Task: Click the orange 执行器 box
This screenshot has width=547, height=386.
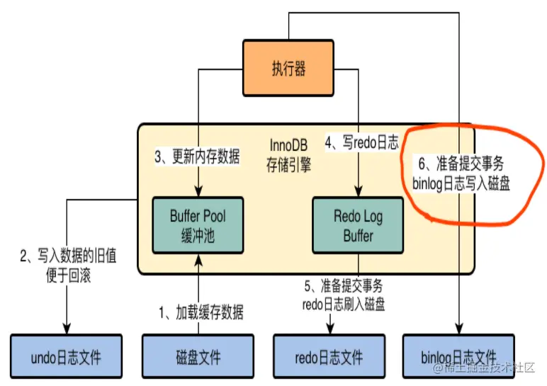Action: (x=288, y=68)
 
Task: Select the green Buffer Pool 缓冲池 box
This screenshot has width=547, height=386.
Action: (x=198, y=225)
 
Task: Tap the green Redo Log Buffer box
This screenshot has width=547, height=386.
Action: (x=358, y=225)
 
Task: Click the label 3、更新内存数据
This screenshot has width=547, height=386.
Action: (x=198, y=157)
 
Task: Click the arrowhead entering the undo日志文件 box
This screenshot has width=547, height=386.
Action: (x=67, y=329)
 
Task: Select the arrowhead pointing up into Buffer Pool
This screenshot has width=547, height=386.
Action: (x=198, y=258)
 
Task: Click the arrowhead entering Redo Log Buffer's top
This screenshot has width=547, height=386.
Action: (x=358, y=191)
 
